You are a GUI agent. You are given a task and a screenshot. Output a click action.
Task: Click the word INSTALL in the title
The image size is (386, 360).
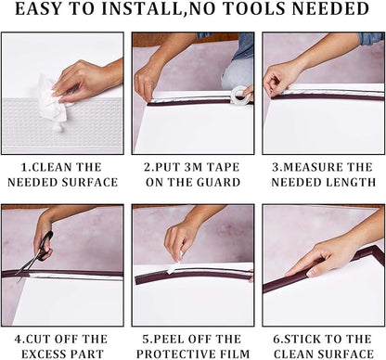coord(141,8)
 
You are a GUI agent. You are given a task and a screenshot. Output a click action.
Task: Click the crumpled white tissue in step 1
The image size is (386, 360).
coord(53,101)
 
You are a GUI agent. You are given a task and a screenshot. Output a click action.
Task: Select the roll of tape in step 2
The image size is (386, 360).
coord(241,96)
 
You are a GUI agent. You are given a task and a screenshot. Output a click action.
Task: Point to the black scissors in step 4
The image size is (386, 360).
coord(36,252)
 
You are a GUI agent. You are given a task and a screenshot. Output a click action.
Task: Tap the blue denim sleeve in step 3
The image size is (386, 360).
coord(371,38)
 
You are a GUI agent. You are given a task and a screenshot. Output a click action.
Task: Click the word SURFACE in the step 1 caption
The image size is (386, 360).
coord(90,182)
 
